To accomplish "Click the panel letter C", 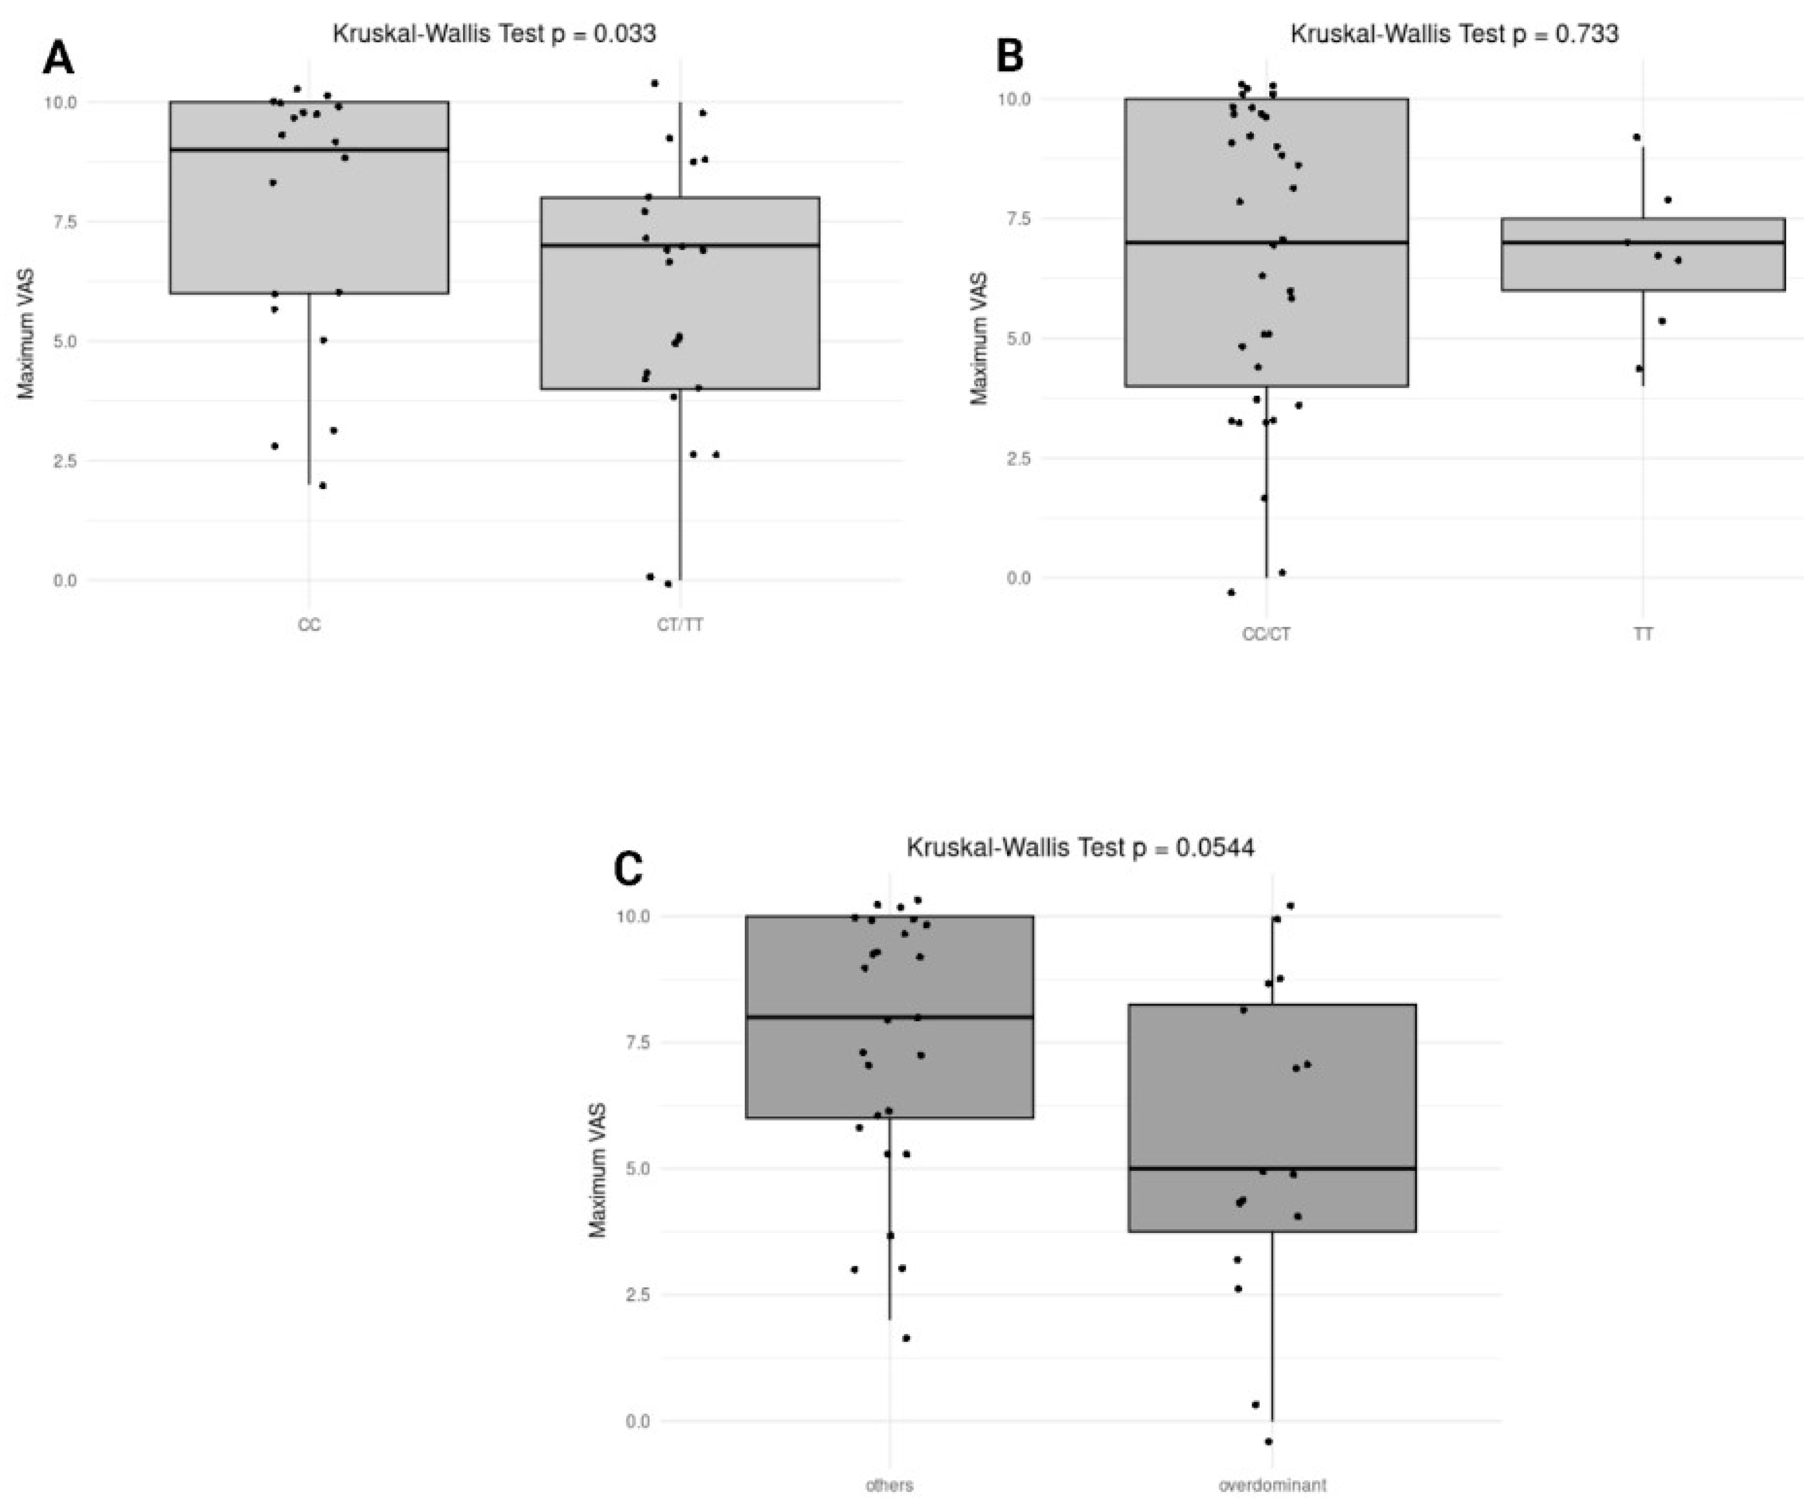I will tap(628, 869).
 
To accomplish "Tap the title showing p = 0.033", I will tap(495, 34).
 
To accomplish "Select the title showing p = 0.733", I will tap(1454, 34).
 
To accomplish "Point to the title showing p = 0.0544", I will tap(1080, 848).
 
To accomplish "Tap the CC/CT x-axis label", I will tap(1266, 634).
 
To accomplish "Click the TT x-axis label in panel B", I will tap(1643, 634).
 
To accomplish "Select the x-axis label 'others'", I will tap(889, 1485).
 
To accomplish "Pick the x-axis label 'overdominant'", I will tap(1272, 1485).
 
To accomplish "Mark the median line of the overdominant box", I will tap(1272, 1168).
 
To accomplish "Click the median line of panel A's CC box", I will tap(308, 150).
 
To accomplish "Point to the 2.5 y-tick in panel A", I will tap(65, 461).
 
